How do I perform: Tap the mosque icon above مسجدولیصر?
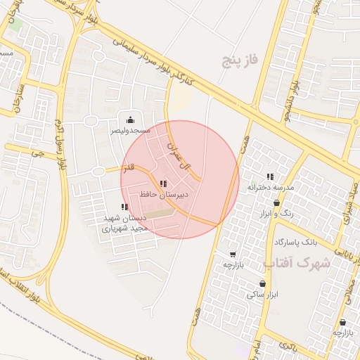click(x=130, y=120)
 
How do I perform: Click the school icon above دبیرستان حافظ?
click(x=163, y=184)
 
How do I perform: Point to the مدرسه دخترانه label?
click(x=270, y=188)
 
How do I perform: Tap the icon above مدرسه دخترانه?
click(x=270, y=177)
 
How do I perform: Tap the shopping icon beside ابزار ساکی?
click(x=262, y=284)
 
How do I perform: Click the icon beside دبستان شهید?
click(x=124, y=207)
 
